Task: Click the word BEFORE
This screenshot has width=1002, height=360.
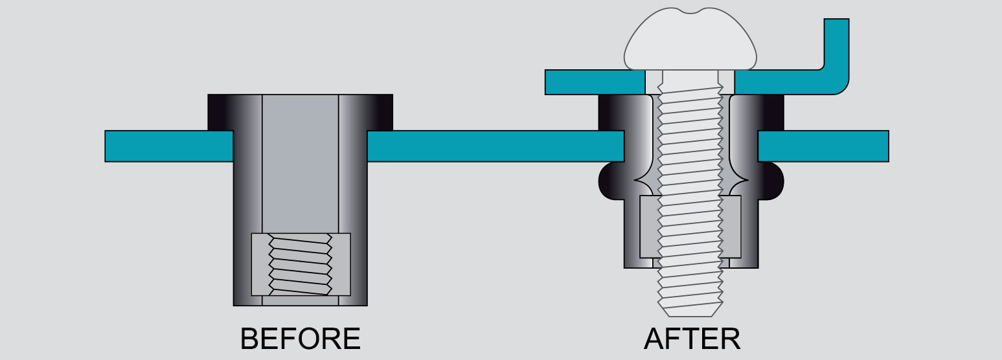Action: [x=300, y=339]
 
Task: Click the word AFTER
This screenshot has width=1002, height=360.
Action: [x=692, y=339]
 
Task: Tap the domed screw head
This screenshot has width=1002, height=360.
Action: [x=690, y=40]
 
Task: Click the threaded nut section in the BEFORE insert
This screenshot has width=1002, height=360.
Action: [x=301, y=264]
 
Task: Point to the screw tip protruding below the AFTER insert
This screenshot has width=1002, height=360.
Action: [x=690, y=293]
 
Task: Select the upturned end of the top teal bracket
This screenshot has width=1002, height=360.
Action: [x=836, y=49]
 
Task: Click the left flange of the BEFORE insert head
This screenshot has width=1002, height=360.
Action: [x=220, y=112]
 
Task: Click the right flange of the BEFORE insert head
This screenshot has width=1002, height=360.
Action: [x=380, y=112]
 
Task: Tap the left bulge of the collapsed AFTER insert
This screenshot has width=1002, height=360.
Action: [x=611, y=181]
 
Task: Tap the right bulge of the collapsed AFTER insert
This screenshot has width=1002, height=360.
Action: [x=771, y=181]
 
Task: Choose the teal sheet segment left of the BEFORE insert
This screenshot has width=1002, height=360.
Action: [x=169, y=146]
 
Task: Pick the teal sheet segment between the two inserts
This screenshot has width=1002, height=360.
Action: [x=495, y=146]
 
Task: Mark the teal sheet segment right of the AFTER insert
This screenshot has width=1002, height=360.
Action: [x=823, y=146]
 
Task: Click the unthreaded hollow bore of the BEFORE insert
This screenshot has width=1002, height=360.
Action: [x=300, y=164]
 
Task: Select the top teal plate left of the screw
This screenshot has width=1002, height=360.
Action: [x=595, y=82]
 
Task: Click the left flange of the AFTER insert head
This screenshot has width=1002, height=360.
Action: [x=611, y=113]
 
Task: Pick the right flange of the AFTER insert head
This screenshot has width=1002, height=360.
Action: [x=771, y=113]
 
